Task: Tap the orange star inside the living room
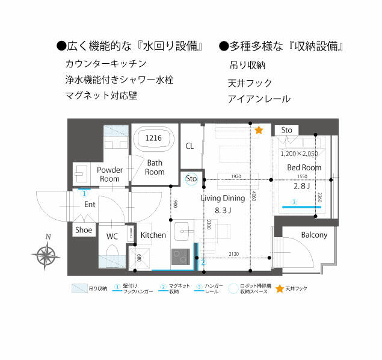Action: coord(259,130)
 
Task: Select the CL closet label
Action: coord(189,146)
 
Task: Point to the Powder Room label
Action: coord(109,174)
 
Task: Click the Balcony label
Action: coord(314,235)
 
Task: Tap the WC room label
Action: coord(112,236)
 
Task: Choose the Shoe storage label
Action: coord(84,229)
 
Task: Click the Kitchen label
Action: coord(153,235)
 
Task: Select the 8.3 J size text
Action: coord(223,210)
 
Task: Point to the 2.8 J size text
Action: coord(301,186)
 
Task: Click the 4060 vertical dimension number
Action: coord(254,197)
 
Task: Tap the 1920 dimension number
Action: coord(235,177)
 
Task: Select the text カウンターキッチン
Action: coord(105,63)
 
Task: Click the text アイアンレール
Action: coord(259,99)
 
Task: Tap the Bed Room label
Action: coord(304,167)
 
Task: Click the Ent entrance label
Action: coord(90,205)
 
